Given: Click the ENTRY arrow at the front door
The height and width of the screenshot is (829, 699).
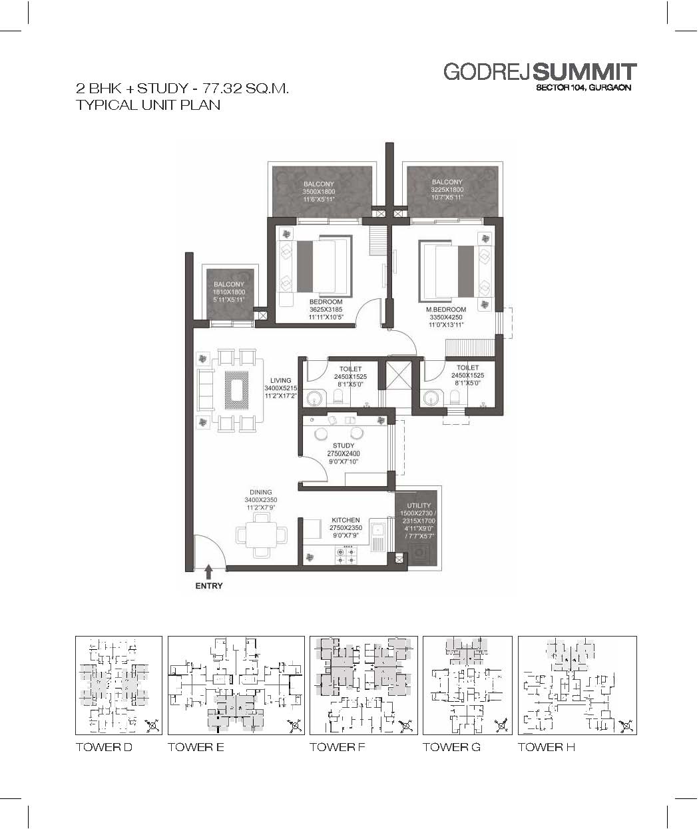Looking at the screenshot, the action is (x=208, y=573).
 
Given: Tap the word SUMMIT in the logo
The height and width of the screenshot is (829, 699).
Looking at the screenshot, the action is (x=584, y=73).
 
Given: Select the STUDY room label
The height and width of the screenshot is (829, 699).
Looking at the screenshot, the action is (x=344, y=445).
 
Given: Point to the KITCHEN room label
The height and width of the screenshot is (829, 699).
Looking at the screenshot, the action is (x=346, y=520).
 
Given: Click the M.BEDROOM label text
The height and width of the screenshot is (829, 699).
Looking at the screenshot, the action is (x=446, y=309).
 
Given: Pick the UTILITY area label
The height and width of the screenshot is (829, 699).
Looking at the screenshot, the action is (x=419, y=505).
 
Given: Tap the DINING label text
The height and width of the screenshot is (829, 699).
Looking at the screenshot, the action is (x=261, y=492).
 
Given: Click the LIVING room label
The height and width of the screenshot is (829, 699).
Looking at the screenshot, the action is (x=281, y=380).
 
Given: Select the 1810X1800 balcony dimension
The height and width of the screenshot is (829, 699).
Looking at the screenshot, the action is (x=229, y=292).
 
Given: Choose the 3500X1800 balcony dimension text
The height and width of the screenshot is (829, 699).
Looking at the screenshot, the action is (x=319, y=191).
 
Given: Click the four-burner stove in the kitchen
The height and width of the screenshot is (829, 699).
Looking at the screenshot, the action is (x=346, y=555).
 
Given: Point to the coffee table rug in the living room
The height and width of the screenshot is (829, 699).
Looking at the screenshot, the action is (x=236, y=390).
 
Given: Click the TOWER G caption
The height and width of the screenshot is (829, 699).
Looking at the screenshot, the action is (x=451, y=747).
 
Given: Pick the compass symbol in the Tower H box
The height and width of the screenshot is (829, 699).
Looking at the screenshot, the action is (x=626, y=726).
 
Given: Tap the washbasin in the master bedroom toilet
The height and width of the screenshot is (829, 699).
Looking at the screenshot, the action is (x=430, y=398).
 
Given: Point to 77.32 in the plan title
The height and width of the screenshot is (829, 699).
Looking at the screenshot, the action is (x=222, y=88).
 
